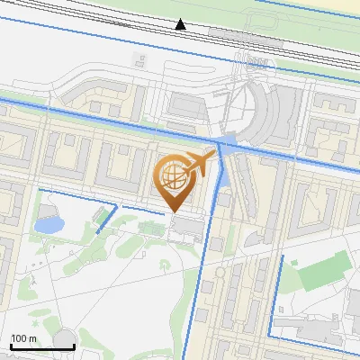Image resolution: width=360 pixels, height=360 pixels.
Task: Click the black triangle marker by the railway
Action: coord(181,24)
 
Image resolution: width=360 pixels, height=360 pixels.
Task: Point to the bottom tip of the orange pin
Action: coord(175,211)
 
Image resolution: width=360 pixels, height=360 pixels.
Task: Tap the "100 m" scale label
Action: coord(23,338)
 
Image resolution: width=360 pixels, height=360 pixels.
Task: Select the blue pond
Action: coord(49,223)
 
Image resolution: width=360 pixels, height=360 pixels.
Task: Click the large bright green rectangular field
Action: coord(322,271)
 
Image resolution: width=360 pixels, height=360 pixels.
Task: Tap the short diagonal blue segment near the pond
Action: coord(106,219)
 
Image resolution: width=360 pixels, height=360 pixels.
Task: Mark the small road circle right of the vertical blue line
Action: coord(220,271)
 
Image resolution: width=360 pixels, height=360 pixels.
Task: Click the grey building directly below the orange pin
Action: coord(185,224)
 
